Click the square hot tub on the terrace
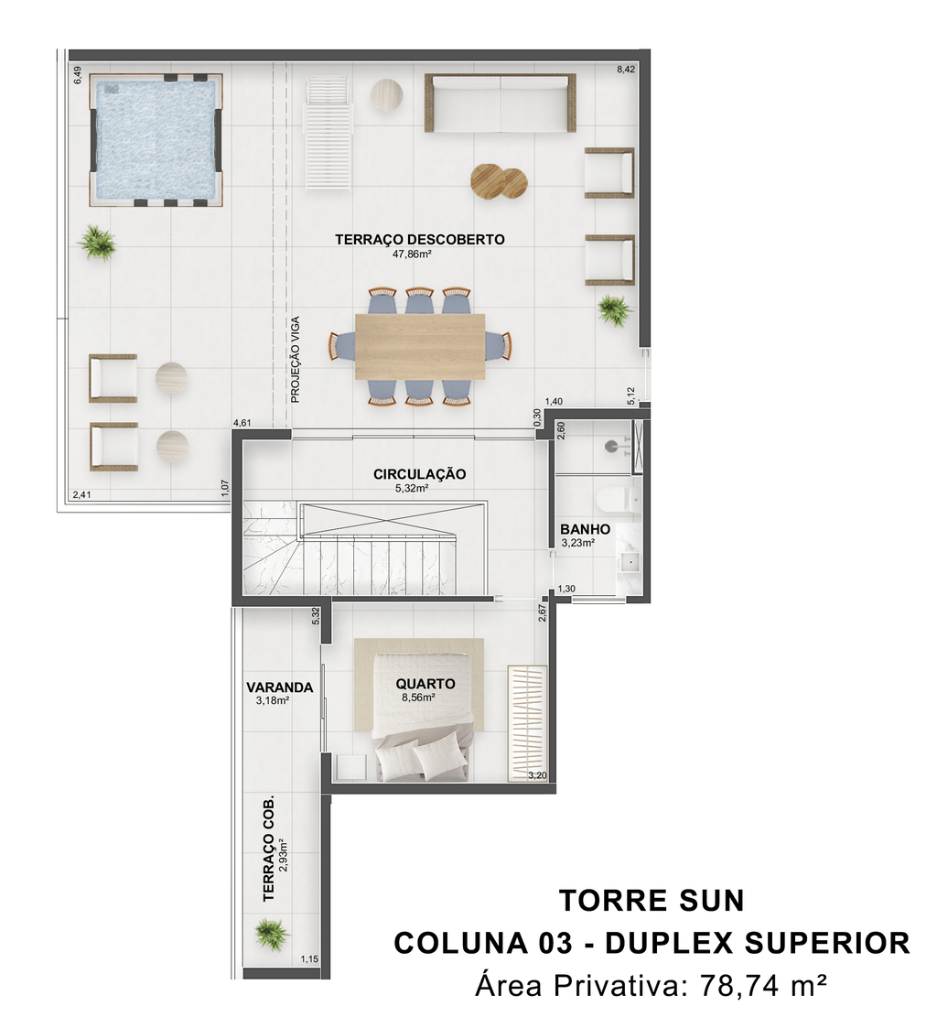coord(156,140)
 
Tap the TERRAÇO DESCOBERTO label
coord(419,239)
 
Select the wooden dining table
coord(420,346)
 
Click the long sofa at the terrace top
coord(500,103)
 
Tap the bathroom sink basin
coord(631,562)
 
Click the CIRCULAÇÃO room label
coord(419,473)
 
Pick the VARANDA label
coord(279,687)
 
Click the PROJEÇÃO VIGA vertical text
coord(295,359)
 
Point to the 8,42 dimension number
coord(626,70)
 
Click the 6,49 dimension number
coord(77,75)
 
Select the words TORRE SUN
coord(652,901)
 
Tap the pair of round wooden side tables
coord(500,180)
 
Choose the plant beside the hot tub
coord(97,242)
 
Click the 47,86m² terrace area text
coord(412,254)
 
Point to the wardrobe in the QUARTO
coord(527,723)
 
